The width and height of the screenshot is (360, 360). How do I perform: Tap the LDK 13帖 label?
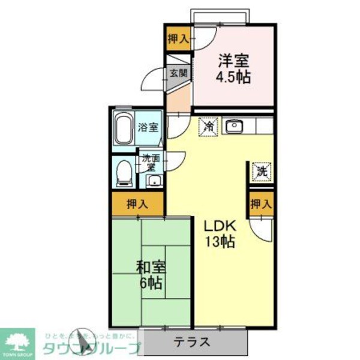coord(221,234)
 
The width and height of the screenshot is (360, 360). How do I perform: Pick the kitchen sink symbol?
coord(232,127)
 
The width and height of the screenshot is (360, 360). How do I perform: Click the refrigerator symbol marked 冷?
coord(208,127)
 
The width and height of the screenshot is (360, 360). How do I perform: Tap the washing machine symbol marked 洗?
coord(262,172)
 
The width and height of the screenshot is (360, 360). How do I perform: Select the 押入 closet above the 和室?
coord(137,204)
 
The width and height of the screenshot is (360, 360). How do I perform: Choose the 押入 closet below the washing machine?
coord(261,204)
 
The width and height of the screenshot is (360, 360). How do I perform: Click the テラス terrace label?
coord(192,343)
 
